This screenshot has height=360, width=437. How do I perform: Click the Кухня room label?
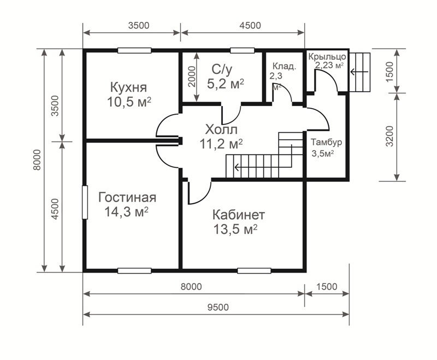[x=128, y=87]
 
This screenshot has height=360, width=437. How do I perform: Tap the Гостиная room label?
[x=127, y=198]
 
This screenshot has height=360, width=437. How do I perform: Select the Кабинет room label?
[x=239, y=215]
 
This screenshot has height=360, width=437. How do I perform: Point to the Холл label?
[x=221, y=129]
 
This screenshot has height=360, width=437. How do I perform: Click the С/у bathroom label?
[x=222, y=69]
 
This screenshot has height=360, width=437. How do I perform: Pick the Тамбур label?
[x=326, y=142]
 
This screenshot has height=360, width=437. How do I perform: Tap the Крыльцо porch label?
[x=327, y=57]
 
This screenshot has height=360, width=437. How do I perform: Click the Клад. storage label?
[x=284, y=66]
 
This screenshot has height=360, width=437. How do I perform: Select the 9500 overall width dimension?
[x=218, y=307]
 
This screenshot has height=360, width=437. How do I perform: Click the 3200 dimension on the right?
[x=390, y=136]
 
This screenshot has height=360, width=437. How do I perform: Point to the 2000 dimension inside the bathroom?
[x=192, y=76]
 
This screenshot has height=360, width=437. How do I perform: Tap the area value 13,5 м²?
[x=235, y=229]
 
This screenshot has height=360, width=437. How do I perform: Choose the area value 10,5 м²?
[x=129, y=102]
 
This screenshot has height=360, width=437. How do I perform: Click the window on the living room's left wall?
[x=85, y=202]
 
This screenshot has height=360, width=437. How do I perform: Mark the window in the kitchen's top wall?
[x=134, y=50]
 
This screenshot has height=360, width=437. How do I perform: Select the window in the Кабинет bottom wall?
[x=254, y=270]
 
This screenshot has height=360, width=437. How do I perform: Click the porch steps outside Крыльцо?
[x=360, y=72]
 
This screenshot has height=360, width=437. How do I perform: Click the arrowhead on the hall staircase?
[x=237, y=168]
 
